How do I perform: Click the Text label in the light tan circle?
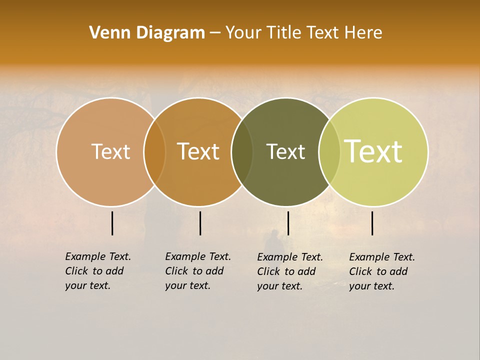coord(110,151)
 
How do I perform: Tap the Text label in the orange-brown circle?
coord(198,151)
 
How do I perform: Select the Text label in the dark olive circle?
coord(285,151)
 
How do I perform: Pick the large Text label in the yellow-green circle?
coord(373,151)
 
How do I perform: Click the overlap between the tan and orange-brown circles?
coord(154,151)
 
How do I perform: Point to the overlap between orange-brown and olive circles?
coord(242,151)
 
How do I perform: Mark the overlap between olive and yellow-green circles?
coord(329,151)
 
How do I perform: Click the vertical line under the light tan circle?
coord(112,223)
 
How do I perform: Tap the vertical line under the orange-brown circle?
coord(200,223)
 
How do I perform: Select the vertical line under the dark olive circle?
coord(288,223)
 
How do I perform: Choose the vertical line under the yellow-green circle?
coord(372,223)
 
